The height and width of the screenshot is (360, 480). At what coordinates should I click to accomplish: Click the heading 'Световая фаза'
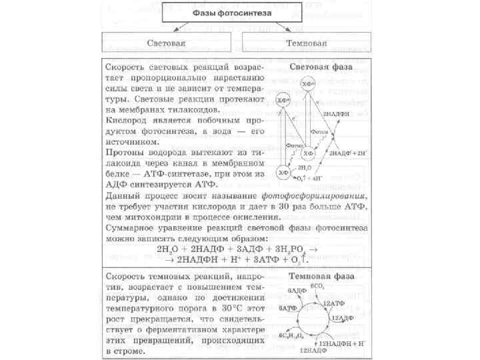click(321, 67)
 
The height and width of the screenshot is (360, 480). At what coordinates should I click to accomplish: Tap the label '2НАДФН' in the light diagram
click(337, 113)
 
